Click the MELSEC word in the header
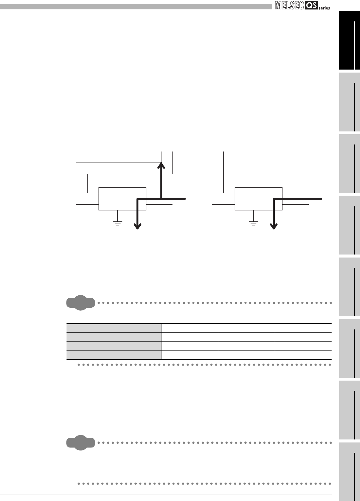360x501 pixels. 289,6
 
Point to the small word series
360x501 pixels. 324,8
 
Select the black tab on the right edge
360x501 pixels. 349,40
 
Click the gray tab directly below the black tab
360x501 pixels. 349,102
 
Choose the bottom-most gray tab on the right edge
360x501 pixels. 349,472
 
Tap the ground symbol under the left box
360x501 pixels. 117,223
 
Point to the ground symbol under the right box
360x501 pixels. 253,223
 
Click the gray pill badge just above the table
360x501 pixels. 81,303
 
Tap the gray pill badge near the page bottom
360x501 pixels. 81,443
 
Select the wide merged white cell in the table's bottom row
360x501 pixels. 246,355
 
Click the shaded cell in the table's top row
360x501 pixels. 114,328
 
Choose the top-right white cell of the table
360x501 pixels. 303,328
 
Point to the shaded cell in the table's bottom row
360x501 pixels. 114,355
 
